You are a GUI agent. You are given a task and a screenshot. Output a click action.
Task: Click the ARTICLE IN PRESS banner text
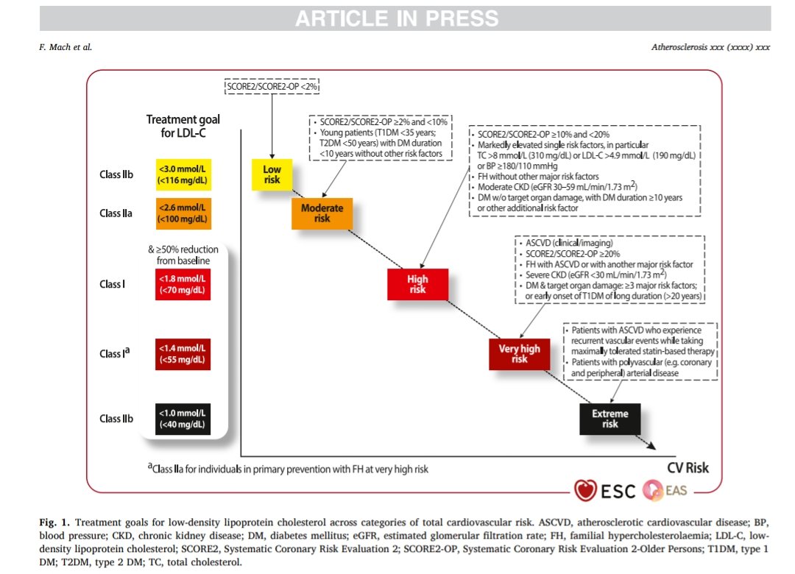click(x=397, y=18)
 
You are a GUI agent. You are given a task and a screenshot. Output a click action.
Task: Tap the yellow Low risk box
click(x=272, y=175)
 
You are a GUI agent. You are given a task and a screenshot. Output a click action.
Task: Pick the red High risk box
click(x=417, y=285)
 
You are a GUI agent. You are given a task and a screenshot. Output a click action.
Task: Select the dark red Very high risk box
click(x=520, y=354)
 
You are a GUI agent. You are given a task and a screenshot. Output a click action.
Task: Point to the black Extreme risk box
click(x=609, y=419)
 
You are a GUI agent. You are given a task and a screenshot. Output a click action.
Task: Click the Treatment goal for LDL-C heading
click(x=183, y=126)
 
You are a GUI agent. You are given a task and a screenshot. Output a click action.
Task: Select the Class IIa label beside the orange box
click(x=116, y=213)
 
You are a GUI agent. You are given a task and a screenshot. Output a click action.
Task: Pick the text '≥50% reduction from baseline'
click(x=182, y=255)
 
